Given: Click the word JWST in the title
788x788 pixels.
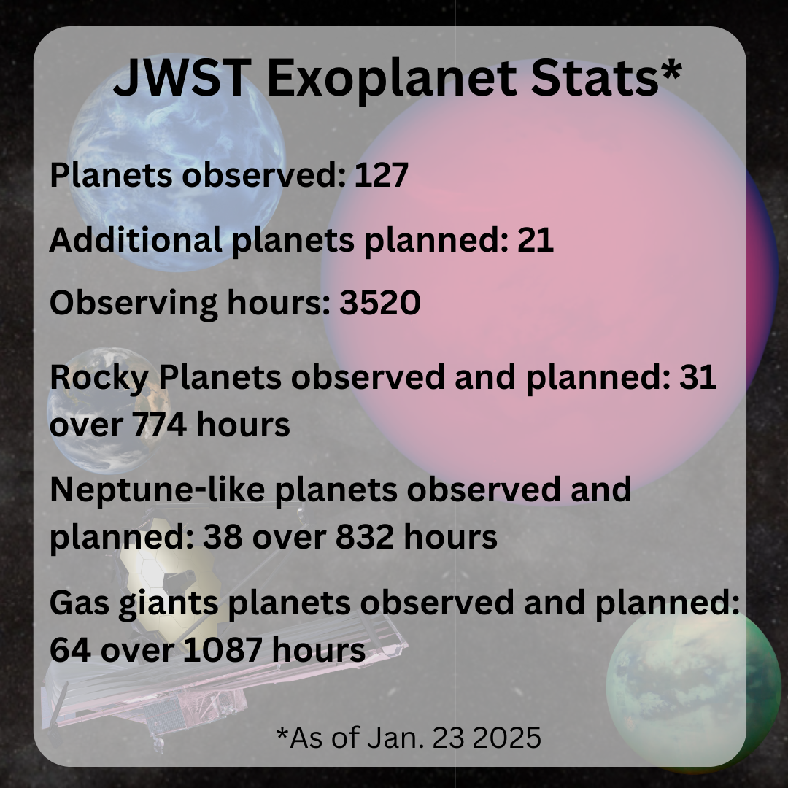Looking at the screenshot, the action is [182, 78].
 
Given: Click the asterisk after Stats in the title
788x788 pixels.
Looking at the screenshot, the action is [671, 70].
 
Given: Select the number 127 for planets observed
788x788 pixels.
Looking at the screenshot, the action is [382, 175].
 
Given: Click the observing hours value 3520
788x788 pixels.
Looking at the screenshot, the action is [380, 303].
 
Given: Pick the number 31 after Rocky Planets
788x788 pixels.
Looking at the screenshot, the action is [698, 377].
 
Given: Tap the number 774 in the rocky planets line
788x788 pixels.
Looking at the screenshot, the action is [160, 425].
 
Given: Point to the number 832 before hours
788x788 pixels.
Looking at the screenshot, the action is [365, 537].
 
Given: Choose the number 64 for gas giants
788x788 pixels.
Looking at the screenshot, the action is [70, 650].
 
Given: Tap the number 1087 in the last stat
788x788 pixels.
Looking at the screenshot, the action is [222, 650].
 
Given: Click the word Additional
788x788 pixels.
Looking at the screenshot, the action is [136, 240].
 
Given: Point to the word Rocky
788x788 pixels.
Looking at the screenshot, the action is [99, 378].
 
